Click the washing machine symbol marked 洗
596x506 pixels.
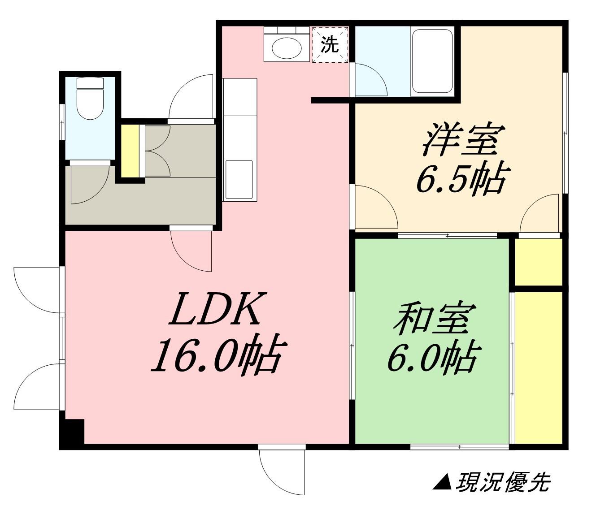[x=330, y=44]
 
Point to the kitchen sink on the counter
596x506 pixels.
[x=240, y=180]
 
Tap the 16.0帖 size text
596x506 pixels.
[x=218, y=354]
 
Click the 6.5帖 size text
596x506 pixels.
[x=462, y=178]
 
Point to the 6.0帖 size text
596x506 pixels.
[x=431, y=357]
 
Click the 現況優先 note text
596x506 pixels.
[x=503, y=483]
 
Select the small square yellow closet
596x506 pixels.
[x=538, y=262]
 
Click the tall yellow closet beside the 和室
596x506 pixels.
[x=538, y=368]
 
